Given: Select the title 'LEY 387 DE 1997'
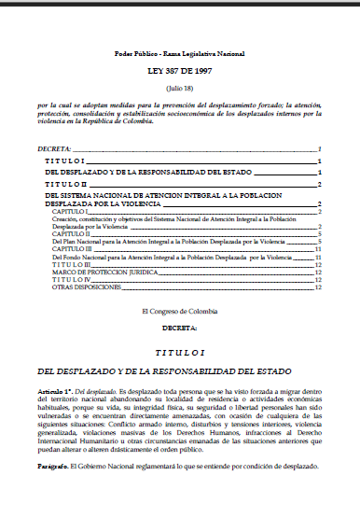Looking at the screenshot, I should tap(179, 72).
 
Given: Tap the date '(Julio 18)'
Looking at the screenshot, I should tap(179, 87).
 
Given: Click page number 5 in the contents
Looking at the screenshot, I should tap(319, 241).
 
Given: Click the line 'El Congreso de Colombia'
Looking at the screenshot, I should tap(179, 310).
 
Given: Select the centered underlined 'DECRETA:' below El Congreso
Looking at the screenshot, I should tap(179, 328).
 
